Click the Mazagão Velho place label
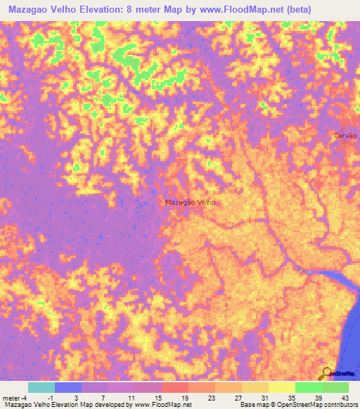190,202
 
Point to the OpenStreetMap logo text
340,374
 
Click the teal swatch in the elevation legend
41,387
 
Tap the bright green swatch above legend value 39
308,387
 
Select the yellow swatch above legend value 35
281,387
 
